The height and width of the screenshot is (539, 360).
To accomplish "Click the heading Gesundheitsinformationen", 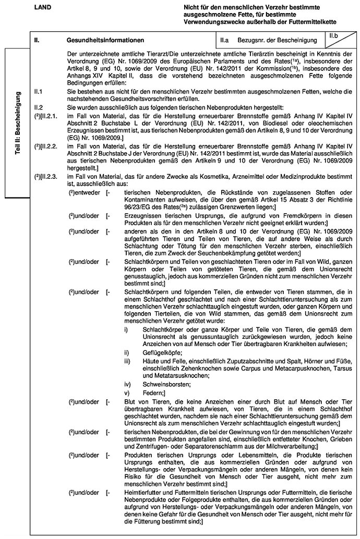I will point(105,40).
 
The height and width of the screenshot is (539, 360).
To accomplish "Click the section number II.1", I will point(37,91).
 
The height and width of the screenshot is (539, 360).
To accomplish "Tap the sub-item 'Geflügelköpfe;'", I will point(160,352).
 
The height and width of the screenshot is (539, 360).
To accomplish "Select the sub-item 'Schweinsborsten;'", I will point(162,384).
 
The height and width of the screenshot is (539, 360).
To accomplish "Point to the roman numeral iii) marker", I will point(127,361).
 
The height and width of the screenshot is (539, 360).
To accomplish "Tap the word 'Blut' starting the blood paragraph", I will point(131,401).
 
